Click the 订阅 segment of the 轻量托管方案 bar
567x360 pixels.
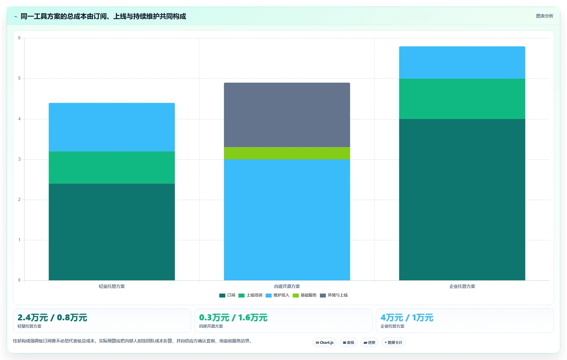pos(111,232)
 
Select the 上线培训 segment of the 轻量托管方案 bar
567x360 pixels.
pos(111,168)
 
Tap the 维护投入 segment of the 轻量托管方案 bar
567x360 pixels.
pos(111,127)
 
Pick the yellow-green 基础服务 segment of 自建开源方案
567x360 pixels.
pos(287,153)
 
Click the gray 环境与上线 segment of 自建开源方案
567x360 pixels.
pos(287,115)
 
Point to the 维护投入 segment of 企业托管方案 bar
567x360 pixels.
pos(462,62)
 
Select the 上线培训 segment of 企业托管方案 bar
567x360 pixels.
pos(462,99)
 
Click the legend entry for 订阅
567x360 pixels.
pos(227,295)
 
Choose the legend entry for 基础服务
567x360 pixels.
pos(305,295)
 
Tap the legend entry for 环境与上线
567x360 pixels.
pos(334,295)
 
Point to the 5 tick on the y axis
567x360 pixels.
pos(19,78)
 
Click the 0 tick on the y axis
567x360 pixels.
pos(19,280)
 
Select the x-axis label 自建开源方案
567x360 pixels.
pos(287,286)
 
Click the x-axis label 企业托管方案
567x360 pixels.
pos(462,286)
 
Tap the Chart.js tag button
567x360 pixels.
pos(325,342)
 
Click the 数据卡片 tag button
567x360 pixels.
pos(393,342)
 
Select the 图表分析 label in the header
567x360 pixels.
pos(545,16)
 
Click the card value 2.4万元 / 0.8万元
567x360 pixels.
pos(52,317)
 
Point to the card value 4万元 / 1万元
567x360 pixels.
pos(407,317)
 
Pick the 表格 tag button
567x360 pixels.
pos(348,342)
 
